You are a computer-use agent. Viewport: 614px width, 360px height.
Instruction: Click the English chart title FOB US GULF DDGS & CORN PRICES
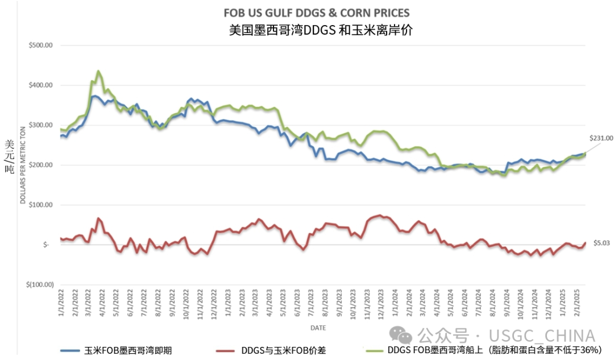coord(317,13)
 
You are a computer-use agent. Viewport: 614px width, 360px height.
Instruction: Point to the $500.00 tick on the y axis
coord(40,45)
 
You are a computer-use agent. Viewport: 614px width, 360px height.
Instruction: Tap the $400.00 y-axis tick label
coord(40,85)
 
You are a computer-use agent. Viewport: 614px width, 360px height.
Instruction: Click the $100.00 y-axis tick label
coord(40,205)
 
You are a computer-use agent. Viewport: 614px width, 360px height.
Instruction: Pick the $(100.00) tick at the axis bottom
coord(39,284)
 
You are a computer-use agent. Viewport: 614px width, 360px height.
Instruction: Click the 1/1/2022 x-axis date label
coord(62,304)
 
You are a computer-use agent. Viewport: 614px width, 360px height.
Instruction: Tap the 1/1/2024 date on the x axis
coord(395,304)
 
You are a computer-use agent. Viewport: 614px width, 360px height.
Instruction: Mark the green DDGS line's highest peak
coord(98,71)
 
